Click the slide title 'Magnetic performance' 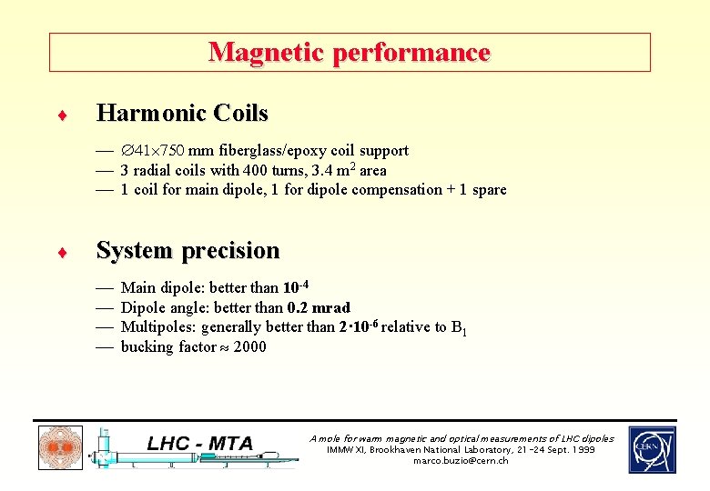(350, 53)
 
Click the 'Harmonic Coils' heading (182, 114)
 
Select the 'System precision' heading (188, 250)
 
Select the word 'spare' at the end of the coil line (489, 190)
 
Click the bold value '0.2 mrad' (319, 307)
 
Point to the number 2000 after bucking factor (250, 346)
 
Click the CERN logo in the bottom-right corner (652, 449)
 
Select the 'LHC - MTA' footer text (199, 444)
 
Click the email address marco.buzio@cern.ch (461, 461)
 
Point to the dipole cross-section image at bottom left (60, 448)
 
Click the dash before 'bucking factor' (104, 346)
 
